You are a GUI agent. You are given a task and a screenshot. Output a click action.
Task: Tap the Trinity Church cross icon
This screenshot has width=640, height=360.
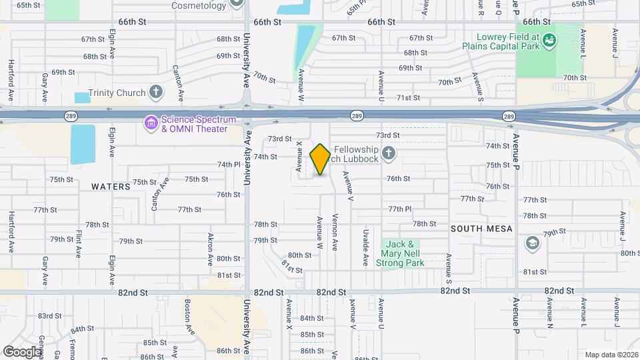(156, 92)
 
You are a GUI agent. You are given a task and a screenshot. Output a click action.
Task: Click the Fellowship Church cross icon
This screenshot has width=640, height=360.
(389, 154)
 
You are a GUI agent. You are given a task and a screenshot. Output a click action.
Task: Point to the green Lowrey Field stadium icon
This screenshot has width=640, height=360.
(549, 41)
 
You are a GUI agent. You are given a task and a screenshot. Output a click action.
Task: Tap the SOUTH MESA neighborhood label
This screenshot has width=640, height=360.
(481, 229)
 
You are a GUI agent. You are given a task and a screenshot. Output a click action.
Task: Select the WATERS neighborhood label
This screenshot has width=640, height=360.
(111, 187)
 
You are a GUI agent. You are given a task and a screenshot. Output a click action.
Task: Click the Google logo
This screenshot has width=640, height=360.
(22, 351)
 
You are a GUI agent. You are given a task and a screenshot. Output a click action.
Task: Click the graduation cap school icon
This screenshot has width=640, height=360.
(533, 242)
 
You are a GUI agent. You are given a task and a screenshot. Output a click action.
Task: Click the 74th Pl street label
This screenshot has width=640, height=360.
(228, 165)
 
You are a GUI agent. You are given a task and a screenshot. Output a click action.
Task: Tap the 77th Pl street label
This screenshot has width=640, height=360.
(400, 209)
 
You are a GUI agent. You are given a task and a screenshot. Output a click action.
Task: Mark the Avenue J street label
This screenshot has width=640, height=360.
(623, 229)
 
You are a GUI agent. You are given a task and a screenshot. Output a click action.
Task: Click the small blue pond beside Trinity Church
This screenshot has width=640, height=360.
(82, 98)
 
